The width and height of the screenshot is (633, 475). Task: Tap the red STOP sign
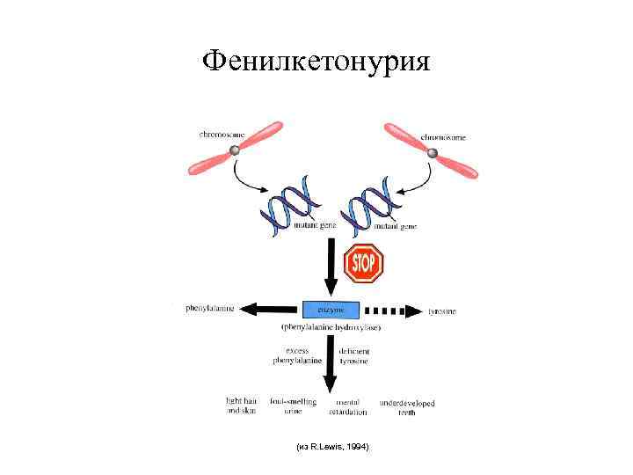363,262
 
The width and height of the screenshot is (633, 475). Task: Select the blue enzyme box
331,310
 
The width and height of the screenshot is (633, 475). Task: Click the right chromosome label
445,136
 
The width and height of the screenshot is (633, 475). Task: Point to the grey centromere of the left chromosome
235,151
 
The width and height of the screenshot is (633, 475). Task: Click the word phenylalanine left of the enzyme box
210,309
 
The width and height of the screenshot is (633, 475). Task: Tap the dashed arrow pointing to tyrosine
392,311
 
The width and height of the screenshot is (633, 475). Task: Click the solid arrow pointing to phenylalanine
272,310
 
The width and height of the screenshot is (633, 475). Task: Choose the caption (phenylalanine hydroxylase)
331,327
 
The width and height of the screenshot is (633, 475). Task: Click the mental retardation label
347,406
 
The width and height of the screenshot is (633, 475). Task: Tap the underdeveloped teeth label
407,407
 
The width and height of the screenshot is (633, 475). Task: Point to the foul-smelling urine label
293,406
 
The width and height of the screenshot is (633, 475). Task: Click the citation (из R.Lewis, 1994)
334,447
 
